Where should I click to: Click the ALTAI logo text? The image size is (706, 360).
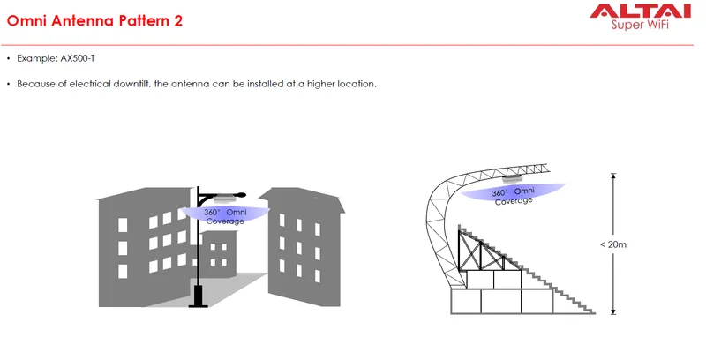(x=641, y=11)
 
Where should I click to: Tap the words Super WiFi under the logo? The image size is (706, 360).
(x=640, y=25)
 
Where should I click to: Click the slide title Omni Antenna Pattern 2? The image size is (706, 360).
(x=95, y=20)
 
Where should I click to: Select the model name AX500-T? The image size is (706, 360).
(x=78, y=58)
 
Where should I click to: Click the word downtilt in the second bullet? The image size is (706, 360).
(x=131, y=84)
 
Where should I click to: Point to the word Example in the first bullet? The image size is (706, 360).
(x=37, y=58)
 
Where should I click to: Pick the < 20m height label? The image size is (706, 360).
(x=613, y=244)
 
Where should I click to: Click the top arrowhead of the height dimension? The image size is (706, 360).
(x=612, y=176)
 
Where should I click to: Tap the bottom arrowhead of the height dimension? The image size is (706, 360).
(x=612, y=311)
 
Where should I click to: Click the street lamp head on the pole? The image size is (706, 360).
(x=240, y=195)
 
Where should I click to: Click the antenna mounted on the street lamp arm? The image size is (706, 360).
(x=222, y=198)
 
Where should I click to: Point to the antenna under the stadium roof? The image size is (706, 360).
(x=513, y=178)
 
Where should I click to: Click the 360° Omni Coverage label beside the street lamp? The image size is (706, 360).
(x=225, y=216)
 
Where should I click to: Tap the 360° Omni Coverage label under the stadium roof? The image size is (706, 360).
(x=514, y=196)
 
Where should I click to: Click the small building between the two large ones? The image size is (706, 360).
(x=219, y=254)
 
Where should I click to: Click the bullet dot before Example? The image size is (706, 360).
(x=9, y=58)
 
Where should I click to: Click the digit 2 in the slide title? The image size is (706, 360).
(x=178, y=20)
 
